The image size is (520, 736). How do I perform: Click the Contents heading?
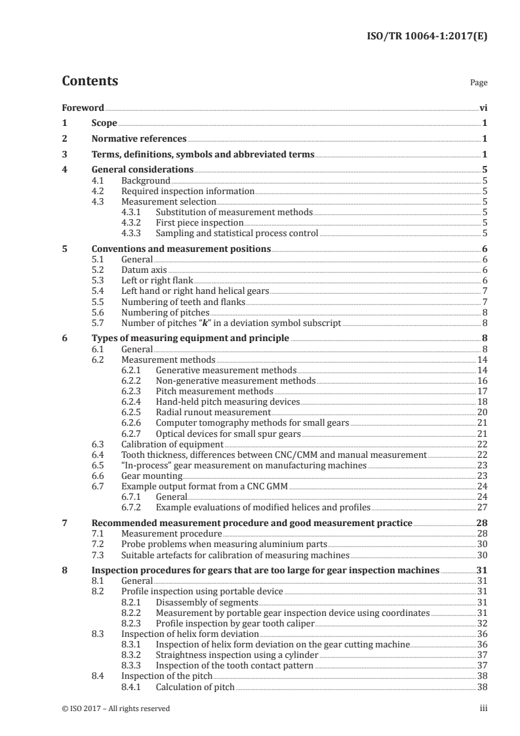[90, 81]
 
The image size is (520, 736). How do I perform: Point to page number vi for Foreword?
[483, 108]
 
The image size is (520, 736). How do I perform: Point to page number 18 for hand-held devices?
[482, 401]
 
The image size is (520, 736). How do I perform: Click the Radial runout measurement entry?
[213, 412]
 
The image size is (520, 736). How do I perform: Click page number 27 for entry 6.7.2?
[482, 506]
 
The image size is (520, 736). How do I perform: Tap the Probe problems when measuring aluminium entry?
[224, 544]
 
